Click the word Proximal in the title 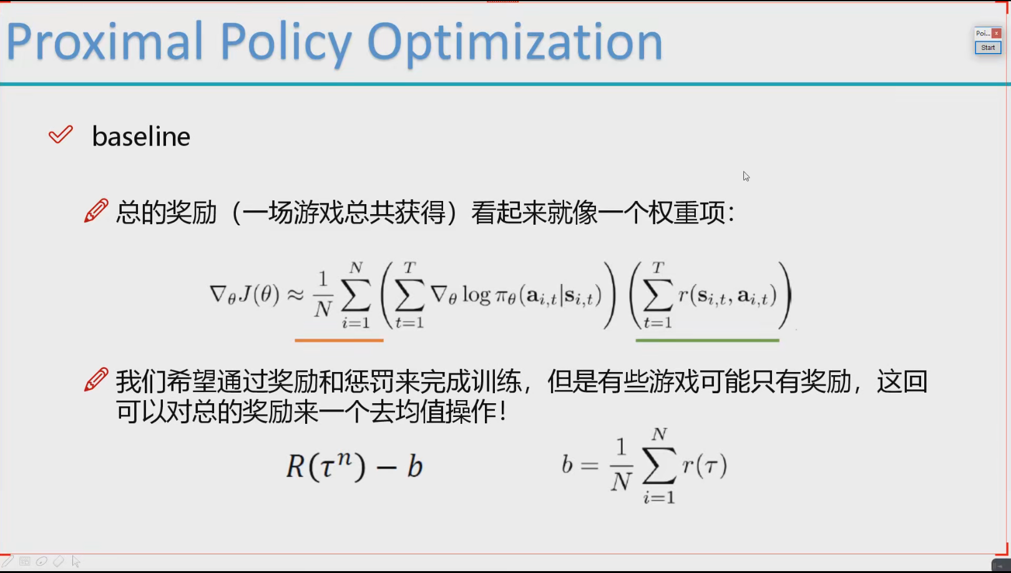(104, 42)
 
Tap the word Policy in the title (286, 44)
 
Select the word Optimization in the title (515, 44)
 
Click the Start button (987, 47)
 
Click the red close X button (996, 34)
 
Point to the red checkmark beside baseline (61, 135)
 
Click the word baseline (141, 136)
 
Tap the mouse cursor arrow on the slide (746, 176)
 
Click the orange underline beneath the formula (339, 340)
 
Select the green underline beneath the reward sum (707, 340)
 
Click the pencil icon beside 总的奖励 (96, 210)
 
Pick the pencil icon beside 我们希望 (96, 380)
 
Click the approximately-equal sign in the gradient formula (295, 295)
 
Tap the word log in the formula (476, 296)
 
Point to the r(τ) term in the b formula (705, 464)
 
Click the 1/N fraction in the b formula (622, 465)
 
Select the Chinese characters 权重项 (686, 212)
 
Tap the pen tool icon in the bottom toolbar (7, 561)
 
